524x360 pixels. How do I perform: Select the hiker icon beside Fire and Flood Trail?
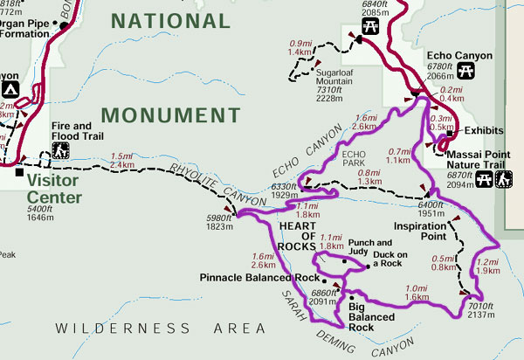61,150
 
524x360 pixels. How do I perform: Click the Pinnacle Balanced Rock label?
259,277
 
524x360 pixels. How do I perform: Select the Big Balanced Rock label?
369,317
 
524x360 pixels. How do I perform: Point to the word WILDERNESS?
103,329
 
